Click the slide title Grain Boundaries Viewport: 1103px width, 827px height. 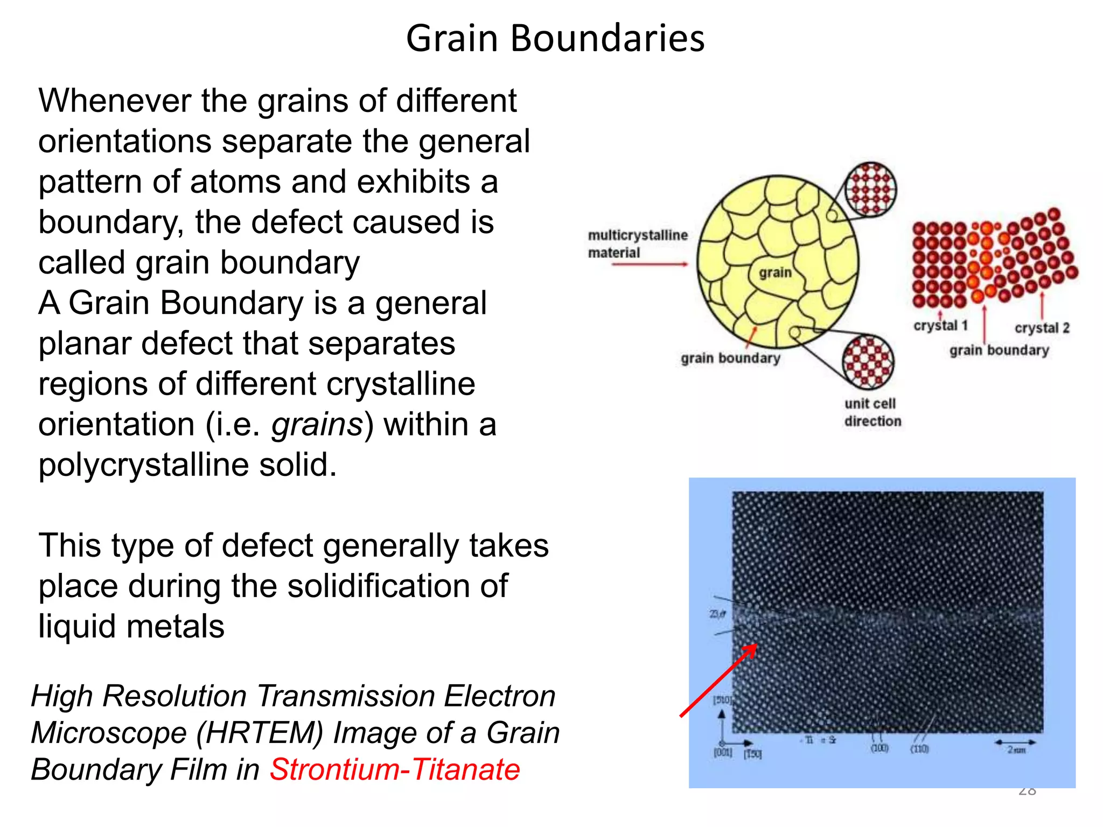click(x=555, y=39)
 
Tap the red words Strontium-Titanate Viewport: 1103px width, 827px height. click(x=395, y=769)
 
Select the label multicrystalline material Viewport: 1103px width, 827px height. click(x=637, y=244)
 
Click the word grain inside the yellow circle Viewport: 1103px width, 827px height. click(x=775, y=272)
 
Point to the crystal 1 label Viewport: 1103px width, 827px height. click(x=940, y=326)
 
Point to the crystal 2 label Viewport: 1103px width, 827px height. click(x=1042, y=328)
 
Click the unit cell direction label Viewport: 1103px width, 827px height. click(x=872, y=412)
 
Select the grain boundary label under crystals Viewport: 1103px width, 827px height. click(x=999, y=351)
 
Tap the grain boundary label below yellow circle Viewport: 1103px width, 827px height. click(x=730, y=358)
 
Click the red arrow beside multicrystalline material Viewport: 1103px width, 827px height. click(x=650, y=264)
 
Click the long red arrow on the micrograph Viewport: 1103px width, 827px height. click(x=718, y=681)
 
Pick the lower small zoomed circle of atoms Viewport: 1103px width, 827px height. click(x=868, y=362)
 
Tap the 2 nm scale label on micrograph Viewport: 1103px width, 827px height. click(x=1016, y=750)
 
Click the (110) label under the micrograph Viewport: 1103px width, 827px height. click(x=919, y=749)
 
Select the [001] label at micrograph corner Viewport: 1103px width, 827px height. click(x=723, y=752)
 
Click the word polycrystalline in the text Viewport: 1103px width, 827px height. click(x=144, y=465)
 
